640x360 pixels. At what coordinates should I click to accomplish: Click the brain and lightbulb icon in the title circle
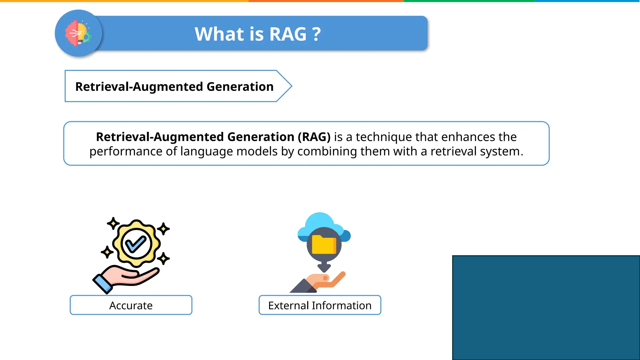78,33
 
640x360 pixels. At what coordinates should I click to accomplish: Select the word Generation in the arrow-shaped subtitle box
240,87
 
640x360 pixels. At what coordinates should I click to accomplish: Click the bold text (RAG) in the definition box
314,137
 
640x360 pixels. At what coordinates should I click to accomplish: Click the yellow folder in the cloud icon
324,244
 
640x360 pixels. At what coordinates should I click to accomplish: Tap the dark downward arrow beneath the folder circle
324,267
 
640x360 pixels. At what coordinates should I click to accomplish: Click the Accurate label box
131,305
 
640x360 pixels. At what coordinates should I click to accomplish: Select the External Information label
320,305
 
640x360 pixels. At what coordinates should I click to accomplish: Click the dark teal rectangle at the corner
546,307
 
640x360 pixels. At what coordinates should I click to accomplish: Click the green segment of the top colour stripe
469,1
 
